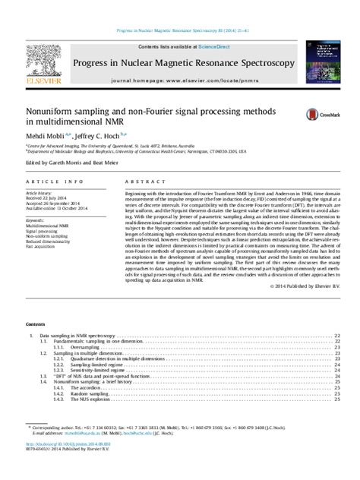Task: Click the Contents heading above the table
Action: coord(36,323)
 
